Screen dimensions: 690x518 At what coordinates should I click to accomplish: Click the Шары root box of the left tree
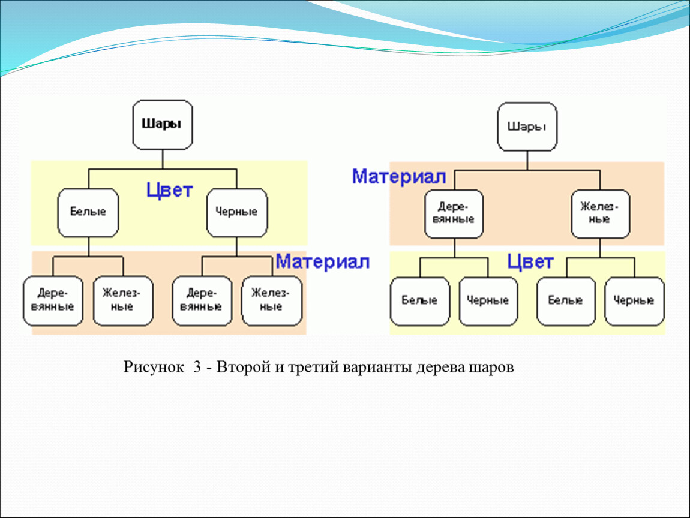tap(163, 125)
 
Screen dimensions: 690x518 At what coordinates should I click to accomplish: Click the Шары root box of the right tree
tap(527, 127)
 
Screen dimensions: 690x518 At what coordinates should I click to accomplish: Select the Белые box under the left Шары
tap(88, 213)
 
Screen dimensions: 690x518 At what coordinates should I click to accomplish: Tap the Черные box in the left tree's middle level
tap(237, 213)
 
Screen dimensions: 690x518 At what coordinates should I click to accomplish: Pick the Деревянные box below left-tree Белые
tap(53, 301)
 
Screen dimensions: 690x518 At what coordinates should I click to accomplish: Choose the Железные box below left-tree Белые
tap(123, 301)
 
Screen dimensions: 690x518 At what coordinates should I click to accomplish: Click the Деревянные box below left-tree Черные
tap(202, 301)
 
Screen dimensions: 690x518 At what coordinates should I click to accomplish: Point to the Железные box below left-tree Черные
tap(272, 301)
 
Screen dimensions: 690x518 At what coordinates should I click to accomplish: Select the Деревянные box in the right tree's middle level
tap(454, 214)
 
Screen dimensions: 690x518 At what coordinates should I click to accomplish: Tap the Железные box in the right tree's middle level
tap(600, 214)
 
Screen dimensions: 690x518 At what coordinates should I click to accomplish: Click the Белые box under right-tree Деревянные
tap(420, 301)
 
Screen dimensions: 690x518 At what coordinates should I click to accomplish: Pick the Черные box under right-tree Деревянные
tap(488, 301)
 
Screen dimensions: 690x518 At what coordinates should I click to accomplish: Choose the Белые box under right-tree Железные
tap(566, 301)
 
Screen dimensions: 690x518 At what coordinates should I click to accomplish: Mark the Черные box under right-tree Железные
tap(634, 301)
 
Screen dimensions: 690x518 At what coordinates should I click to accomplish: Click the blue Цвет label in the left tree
tap(169, 191)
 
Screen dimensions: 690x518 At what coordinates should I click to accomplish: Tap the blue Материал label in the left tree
tap(323, 261)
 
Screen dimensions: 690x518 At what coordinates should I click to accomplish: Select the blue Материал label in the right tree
tap(398, 177)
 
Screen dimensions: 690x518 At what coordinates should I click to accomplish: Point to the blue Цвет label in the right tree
tap(530, 262)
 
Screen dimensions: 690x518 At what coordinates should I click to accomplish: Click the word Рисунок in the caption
tap(154, 367)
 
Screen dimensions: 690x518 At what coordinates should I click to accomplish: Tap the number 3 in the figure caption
tap(197, 367)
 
